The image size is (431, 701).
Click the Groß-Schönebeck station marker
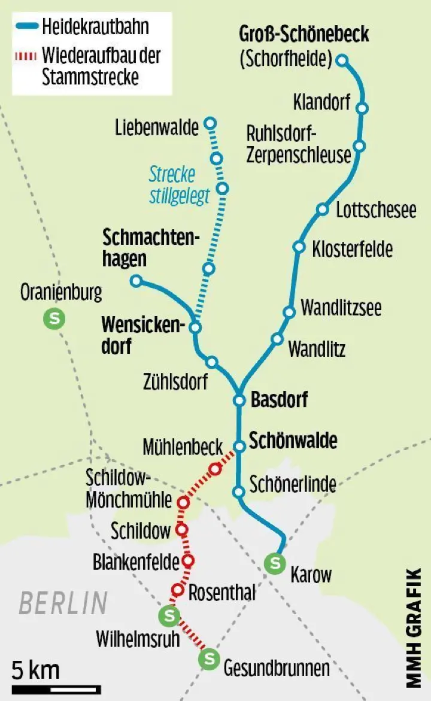(x=342, y=60)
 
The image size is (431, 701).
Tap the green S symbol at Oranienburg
(x=54, y=319)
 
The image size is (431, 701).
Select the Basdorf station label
(x=279, y=399)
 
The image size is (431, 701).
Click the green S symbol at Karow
(x=275, y=563)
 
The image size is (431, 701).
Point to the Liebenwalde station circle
(x=210, y=123)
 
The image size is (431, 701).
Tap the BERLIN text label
(x=63, y=603)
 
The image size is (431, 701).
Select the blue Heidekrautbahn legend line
(x=27, y=26)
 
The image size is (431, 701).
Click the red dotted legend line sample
(x=27, y=56)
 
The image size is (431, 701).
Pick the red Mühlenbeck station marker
(x=214, y=469)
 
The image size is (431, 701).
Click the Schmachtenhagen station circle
(x=136, y=280)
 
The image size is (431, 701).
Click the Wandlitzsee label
(x=341, y=308)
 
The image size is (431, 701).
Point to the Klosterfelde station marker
(x=299, y=247)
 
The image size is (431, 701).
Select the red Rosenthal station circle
(x=177, y=589)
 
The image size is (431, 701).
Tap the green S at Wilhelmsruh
(x=168, y=615)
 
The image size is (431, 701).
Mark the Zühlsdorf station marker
(x=211, y=362)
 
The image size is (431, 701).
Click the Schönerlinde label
(x=293, y=484)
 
